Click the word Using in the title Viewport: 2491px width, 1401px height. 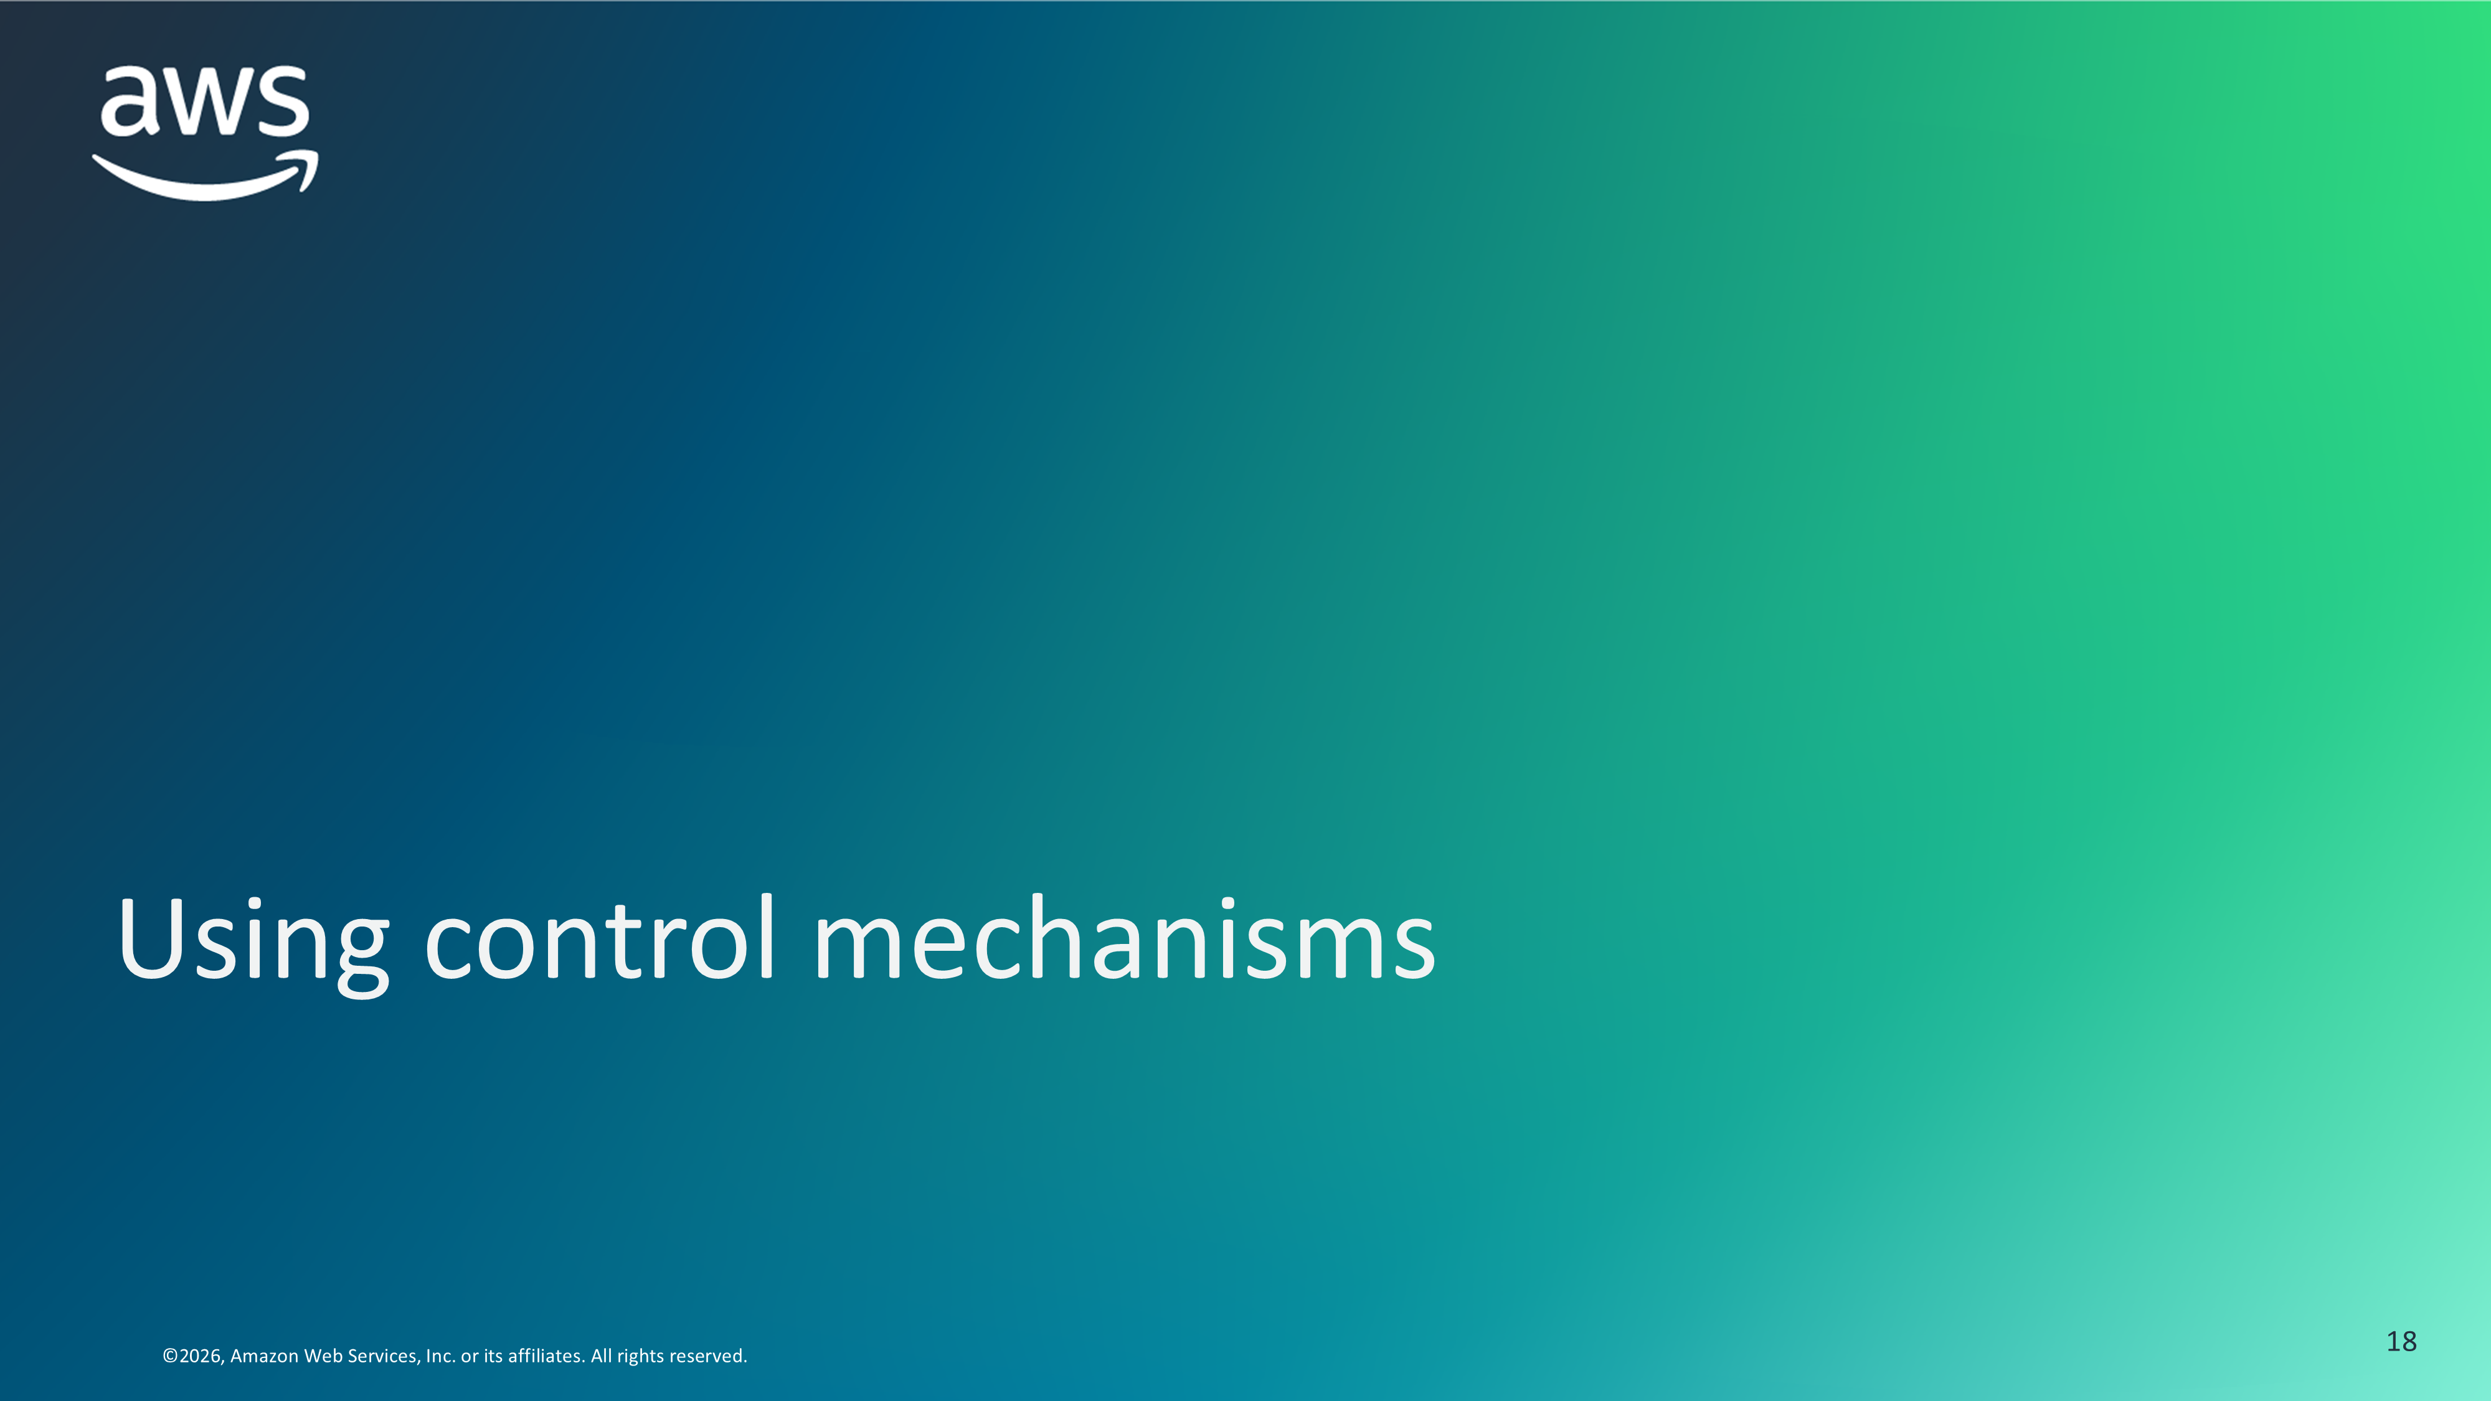tap(253, 943)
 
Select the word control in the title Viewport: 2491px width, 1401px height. tap(600, 936)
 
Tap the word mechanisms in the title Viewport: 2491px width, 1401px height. tap(1125, 936)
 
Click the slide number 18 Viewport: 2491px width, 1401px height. tap(2401, 1341)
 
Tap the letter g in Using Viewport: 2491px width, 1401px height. tap(362, 957)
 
